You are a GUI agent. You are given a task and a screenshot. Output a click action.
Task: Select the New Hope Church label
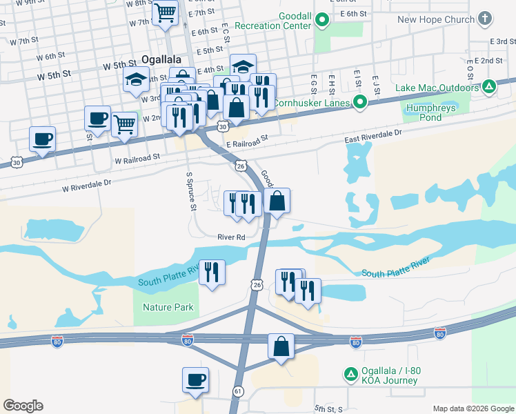(x=436, y=19)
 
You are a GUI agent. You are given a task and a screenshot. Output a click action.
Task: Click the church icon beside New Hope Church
(x=485, y=18)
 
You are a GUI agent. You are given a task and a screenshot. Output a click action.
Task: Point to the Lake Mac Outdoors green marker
(x=489, y=87)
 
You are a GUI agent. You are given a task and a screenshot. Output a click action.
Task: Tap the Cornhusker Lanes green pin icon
(x=359, y=103)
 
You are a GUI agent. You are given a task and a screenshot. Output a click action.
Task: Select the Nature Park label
(x=168, y=307)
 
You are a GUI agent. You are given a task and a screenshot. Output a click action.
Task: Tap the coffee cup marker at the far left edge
(x=43, y=139)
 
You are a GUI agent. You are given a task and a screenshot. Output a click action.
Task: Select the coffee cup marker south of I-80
(x=195, y=379)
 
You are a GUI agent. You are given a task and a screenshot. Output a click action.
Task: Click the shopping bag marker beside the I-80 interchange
(x=281, y=346)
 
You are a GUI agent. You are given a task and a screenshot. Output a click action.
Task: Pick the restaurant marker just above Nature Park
(x=212, y=271)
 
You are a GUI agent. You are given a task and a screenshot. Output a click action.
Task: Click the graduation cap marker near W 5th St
(x=137, y=80)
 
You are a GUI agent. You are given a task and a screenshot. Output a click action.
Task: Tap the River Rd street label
(x=231, y=237)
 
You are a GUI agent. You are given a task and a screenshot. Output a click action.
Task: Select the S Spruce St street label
(x=191, y=192)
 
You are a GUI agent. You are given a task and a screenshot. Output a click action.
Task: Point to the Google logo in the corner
(x=23, y=406)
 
